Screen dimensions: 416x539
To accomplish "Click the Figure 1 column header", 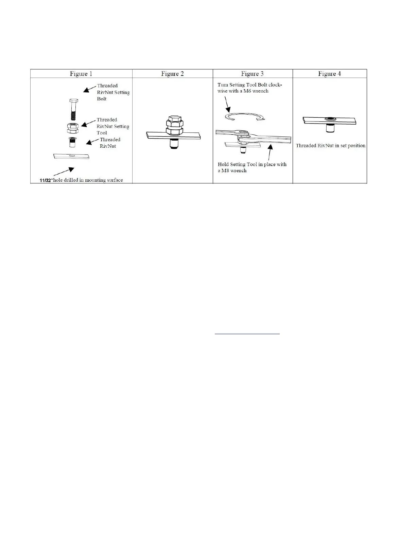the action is [x=81, y=74].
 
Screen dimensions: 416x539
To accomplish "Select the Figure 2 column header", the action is [x=172, y=74].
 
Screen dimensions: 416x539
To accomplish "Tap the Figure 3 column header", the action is [x=252, y=74].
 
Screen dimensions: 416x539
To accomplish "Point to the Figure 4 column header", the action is [x=329, y=74].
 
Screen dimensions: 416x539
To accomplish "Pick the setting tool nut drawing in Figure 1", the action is [x=73, y=128].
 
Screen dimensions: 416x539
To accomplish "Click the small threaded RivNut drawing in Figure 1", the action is [x=72, y=142].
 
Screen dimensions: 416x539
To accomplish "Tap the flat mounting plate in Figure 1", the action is [x=71, y=156].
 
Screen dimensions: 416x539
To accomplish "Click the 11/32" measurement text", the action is [x=46, y=180].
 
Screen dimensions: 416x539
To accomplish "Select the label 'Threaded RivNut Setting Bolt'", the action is [x=113, y=92].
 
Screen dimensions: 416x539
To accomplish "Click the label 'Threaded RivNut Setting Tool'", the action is [x=113, y=126].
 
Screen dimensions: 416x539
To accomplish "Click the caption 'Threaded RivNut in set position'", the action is [x=330, y=146].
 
